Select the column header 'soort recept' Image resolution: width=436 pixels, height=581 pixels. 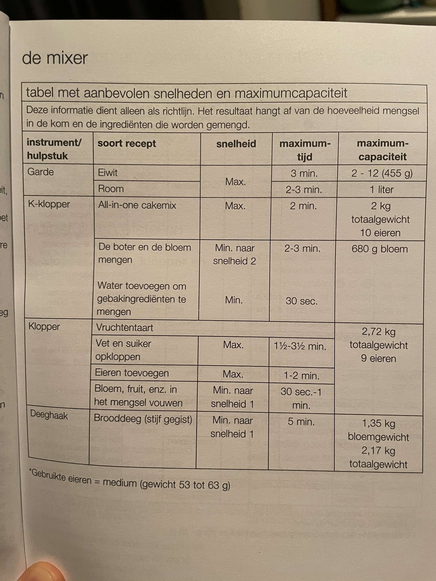point(127,144)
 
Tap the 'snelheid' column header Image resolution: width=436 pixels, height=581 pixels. point(236,144)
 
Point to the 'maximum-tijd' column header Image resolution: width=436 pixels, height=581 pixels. point(305,150)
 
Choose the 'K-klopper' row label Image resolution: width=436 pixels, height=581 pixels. point(49,204)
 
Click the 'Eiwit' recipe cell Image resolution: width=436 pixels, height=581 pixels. point(108,173)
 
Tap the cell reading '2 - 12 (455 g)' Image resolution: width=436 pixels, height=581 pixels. point(382,173)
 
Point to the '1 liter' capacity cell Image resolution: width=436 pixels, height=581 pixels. point(382,190)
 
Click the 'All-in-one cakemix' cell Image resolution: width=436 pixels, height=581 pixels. point(137,205)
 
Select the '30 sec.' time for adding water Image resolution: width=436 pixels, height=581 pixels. point(302,301)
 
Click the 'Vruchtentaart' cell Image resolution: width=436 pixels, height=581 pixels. point(125,328)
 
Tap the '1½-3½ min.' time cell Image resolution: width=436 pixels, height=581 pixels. point(300,346)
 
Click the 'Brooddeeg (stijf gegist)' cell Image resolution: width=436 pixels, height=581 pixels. point(143,418)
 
